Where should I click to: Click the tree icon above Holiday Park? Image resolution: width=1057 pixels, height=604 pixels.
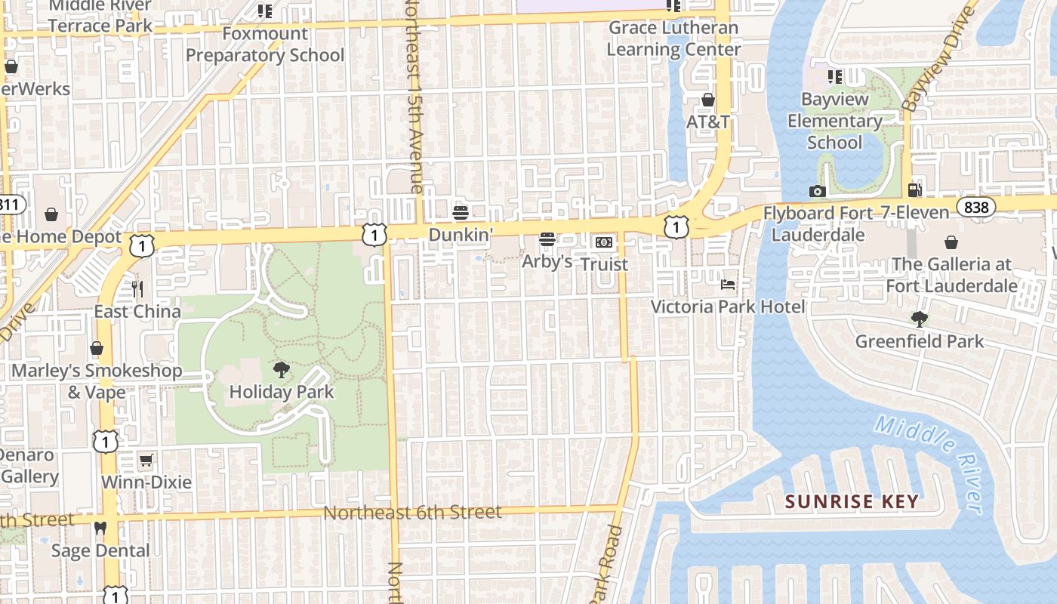click(282, 369)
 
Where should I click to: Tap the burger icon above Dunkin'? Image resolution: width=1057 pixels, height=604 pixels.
click(461, 213)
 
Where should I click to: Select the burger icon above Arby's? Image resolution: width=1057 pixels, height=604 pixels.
click(547, 239)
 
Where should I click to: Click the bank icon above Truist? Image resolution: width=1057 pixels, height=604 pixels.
click(604, 242)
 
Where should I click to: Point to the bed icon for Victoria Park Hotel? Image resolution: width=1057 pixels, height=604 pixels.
click(728, 285)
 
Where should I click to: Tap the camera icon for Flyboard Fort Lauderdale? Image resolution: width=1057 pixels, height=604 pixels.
click(817, 191)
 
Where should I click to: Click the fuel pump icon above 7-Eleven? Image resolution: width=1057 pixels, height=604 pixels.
click(914, 190)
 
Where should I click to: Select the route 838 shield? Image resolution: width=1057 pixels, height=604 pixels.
click(975, 206)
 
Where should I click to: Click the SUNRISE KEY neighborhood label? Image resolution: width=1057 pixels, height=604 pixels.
click(852, 501)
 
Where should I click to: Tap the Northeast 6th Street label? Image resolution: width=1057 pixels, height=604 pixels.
click(412, 513)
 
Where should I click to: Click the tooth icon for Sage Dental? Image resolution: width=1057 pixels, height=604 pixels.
click(100, 528)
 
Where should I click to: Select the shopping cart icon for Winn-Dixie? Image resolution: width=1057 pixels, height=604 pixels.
click(146, 460)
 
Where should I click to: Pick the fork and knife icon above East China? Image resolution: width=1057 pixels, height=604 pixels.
click(137, 288)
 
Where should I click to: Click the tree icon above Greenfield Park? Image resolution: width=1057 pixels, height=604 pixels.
click(919, 319)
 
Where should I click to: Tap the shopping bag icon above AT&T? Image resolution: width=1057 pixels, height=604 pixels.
click(708, 100)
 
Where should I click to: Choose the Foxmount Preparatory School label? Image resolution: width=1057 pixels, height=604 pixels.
click(264, 45)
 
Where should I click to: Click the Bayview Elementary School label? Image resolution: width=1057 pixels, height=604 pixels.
click(834, 121)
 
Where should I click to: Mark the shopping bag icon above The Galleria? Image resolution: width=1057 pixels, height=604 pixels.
click(951, 242)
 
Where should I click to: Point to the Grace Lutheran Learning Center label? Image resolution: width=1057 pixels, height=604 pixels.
click(673, 39)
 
